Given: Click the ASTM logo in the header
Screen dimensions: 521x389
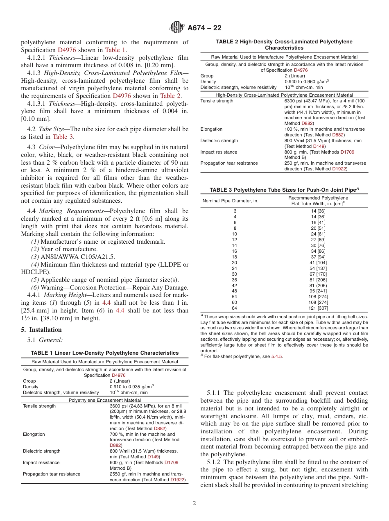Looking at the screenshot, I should click(177, 28).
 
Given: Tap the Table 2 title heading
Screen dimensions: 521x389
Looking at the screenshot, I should click(284, 45).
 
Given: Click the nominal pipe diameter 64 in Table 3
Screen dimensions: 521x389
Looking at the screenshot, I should click(235, 308).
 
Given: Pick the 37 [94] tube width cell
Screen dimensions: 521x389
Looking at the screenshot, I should click(318, 257).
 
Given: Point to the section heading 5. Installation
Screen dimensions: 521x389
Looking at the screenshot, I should click(41, 330).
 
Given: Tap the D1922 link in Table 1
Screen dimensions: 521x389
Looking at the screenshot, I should click(177, 480).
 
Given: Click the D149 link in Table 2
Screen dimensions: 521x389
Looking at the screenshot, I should click(319, 146).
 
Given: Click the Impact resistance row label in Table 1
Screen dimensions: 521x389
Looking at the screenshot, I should click(41, 462).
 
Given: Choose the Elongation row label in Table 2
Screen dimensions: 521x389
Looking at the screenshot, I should click(212, 129).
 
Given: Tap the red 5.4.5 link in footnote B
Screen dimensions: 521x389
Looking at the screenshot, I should click(277, 356).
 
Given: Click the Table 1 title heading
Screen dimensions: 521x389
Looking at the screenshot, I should click(104, 353).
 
